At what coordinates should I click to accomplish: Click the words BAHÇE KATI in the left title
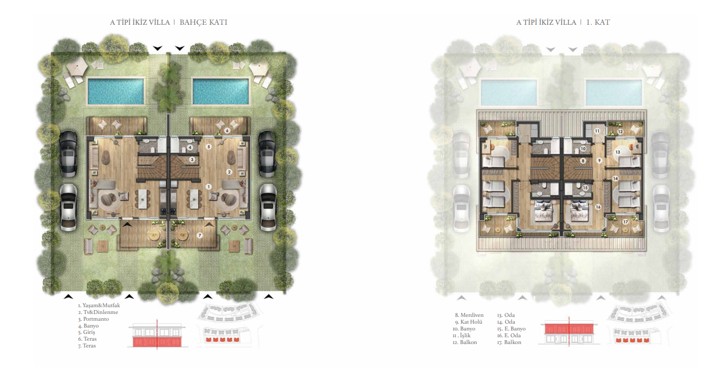pos(203,22)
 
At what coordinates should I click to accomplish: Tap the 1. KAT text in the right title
pos(598,22)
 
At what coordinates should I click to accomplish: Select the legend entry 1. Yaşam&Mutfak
pos(99,305)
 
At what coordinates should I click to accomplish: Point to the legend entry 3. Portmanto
pos(93,319)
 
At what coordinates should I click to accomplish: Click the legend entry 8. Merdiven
pos(469,315)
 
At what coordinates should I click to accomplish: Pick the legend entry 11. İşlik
pos(461,335)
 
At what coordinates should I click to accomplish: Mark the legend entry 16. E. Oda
pos(508,335)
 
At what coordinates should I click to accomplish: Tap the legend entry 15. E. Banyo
pos(511,329)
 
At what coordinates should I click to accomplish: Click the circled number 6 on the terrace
pos(227,131)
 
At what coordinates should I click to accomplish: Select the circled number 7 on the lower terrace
pos(200,235)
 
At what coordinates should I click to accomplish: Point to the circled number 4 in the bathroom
pos(190,148)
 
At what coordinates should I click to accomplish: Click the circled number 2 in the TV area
pos(229,172)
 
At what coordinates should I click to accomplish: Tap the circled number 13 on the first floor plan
pos(618,152)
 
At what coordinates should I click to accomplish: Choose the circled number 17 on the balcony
pos(625,222)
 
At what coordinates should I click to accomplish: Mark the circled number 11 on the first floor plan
pos(597,131)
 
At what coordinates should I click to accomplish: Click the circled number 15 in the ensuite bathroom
pos(585,188)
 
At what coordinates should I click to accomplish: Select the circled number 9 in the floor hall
pos(599,161)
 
